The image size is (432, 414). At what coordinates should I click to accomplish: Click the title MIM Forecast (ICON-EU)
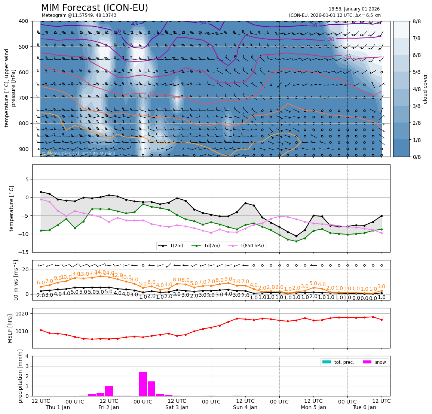pyautogui.click(x=94, y=8)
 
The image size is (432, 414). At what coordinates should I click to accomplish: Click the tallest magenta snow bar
pyautogui.click(x=143, y=384)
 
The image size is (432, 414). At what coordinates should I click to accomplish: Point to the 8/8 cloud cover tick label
pyautogui.click(x=416, y=21)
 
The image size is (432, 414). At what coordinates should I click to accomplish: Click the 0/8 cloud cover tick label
pyautogui.click(x=416, y=157)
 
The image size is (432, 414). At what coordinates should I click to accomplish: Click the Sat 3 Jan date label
pyautogui.click(x=177, y=407)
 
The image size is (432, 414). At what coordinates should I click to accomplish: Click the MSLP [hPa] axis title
pyautogui.click(x=10, y=328)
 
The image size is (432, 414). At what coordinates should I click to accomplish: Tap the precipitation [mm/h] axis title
pyautogui.click(x=20, y=376)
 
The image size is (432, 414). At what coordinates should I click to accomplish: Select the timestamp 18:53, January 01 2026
pyautogui.click(x=354, y=9)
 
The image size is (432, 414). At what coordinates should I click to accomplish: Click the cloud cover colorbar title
pyautogui.click(x=425, y=89)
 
